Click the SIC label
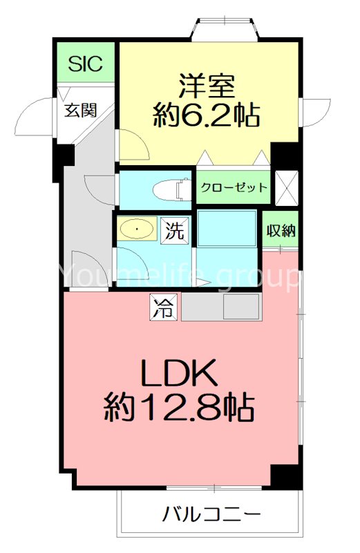86,64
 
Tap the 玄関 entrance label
80,109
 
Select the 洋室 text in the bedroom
207,86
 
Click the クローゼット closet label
234,187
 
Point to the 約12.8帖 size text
179,410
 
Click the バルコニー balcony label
211,514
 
